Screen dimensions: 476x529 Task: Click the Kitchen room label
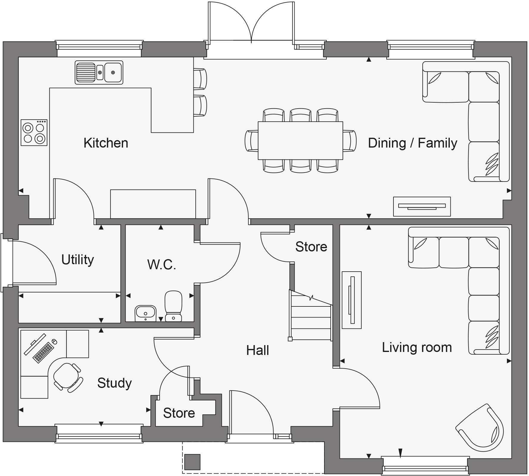(x=106, y=143)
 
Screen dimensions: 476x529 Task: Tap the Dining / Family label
(x=412, y=143)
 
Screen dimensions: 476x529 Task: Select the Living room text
(x=417, y=347)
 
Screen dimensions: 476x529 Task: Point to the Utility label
(x=77, y=259)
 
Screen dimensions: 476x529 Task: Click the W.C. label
(x=161, y=264)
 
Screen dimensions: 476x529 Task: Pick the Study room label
(x=114, y=383)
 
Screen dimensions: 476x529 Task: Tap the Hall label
(x=257, y=350)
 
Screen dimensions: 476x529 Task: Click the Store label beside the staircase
(x=311, y=247)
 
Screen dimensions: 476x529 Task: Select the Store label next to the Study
(x=179, y=413)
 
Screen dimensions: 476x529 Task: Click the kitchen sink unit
(x=99, y=72)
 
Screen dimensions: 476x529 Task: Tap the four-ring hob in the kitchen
(x=34, y=133)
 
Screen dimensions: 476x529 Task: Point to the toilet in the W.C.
(x=173, y=306)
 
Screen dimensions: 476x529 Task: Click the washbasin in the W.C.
(x=145, y=313)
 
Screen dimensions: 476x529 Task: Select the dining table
(x=300, y=140)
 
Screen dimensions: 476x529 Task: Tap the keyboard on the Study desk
(x=43, y=353)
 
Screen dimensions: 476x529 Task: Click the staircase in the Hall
(x=311, y=317)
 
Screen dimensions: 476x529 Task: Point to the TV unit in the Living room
(x=352, y=300)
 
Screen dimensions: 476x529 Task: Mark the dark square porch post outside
(x=192, y=462)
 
